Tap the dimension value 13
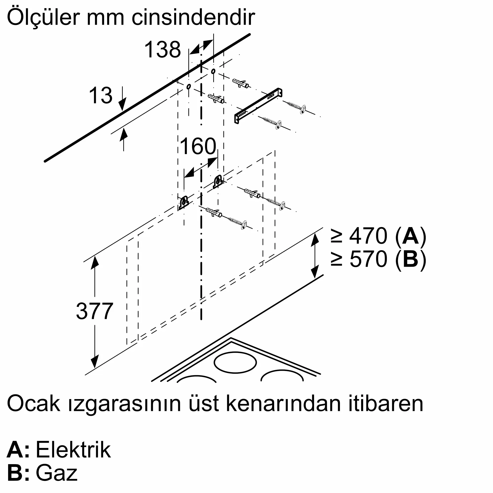[101, 95]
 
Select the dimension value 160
[198, 146]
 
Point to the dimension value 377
[94, 311]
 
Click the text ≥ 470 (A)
[378, 236]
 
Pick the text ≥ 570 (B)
[378, 259]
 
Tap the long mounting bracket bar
[258, 105]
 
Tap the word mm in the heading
[106, 18]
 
